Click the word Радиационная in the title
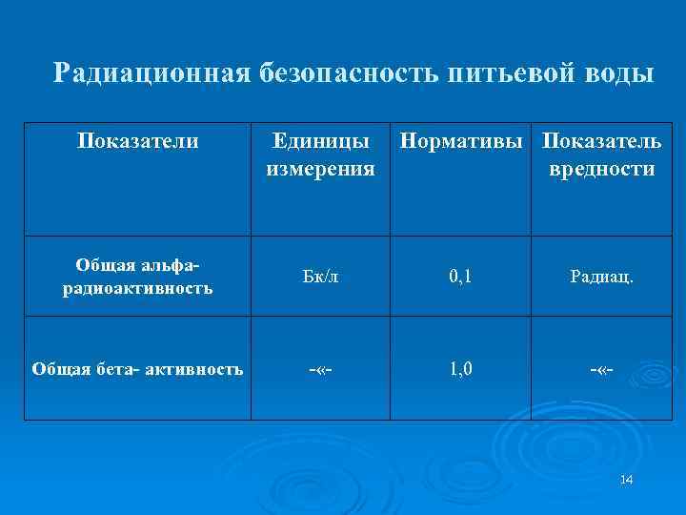(151, 73)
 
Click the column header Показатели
(138, 142)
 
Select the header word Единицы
(321, 142)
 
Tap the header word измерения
(321, 169)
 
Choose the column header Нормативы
(463, 142)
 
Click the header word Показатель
(601, 142)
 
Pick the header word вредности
(601, 169)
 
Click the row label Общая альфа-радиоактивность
(138, 277)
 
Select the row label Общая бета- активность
(137, 368)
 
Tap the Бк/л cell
(321, 278)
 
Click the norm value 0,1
(461, 278)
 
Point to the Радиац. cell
(603, 278)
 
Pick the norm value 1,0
(461, 368)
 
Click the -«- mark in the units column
(321, 368)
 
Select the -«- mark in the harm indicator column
(603, 368)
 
